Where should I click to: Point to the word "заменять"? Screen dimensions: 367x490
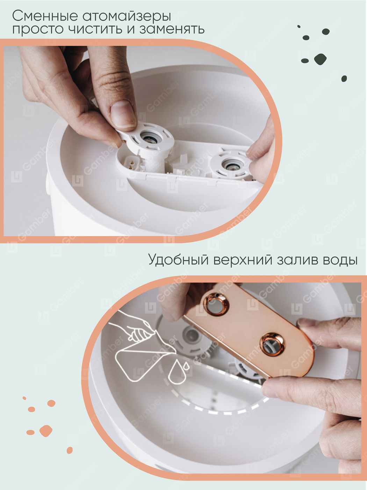(172, 29)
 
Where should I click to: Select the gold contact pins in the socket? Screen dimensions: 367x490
(132, 164)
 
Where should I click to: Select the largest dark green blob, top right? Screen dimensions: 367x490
(320, 59)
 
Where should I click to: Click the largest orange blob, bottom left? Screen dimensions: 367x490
(46, 430)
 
